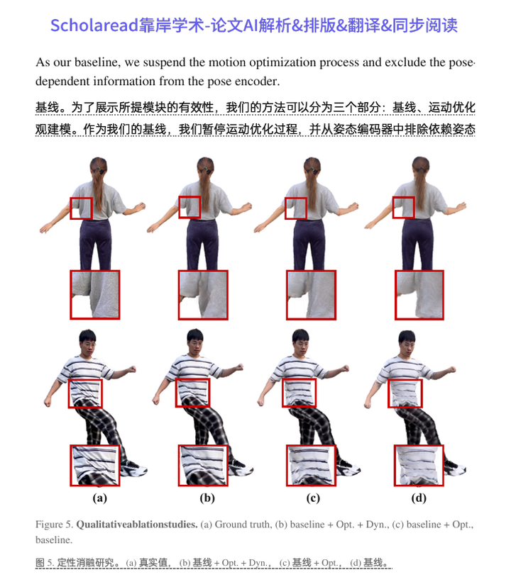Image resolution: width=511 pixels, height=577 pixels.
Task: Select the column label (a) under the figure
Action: [x=100, y=498]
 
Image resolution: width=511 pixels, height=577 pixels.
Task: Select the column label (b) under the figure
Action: [x=207, y=498]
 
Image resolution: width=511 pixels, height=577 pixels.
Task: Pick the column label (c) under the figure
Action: [x=313, y=498]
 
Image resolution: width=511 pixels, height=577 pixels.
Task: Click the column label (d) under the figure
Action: [x=419, y=498]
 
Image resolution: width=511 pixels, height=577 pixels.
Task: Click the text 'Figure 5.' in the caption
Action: [x=54, y=525]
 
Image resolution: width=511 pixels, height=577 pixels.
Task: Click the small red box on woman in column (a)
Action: [x=81, y=208]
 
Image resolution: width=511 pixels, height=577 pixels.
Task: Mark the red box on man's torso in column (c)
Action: [x=301, y=393]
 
